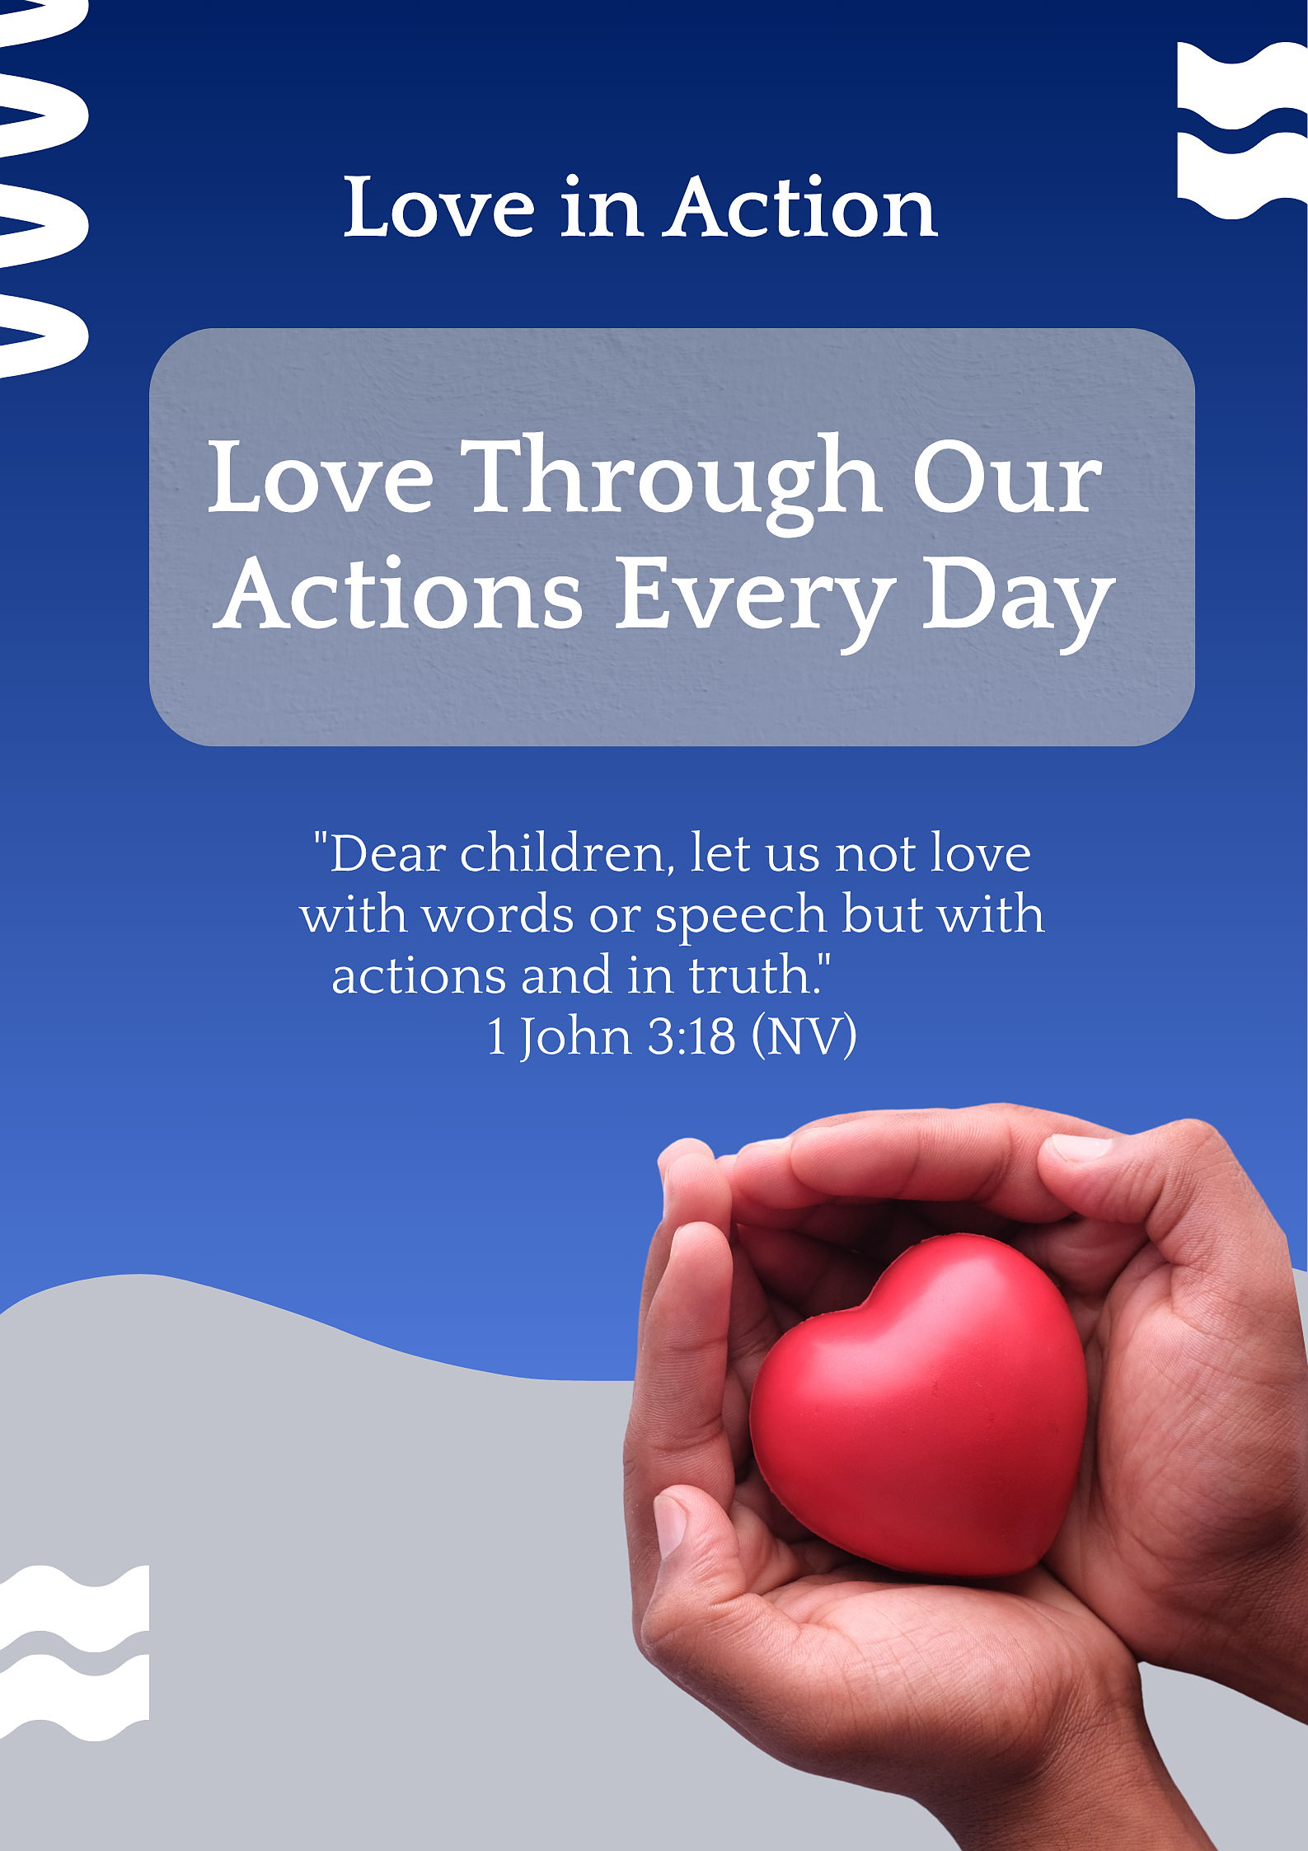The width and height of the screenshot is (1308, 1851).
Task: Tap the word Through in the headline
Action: [674, 483]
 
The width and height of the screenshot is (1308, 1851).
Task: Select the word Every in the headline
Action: [755, 599]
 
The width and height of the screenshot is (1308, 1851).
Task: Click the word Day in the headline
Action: [1018, 599]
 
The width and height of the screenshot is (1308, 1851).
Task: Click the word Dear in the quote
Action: [388, 854]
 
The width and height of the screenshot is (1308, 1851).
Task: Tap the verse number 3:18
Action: [691, 1037]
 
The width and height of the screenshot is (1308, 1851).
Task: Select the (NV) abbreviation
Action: [804, 1037]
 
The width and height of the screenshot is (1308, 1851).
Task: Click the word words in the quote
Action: [498, 915]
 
